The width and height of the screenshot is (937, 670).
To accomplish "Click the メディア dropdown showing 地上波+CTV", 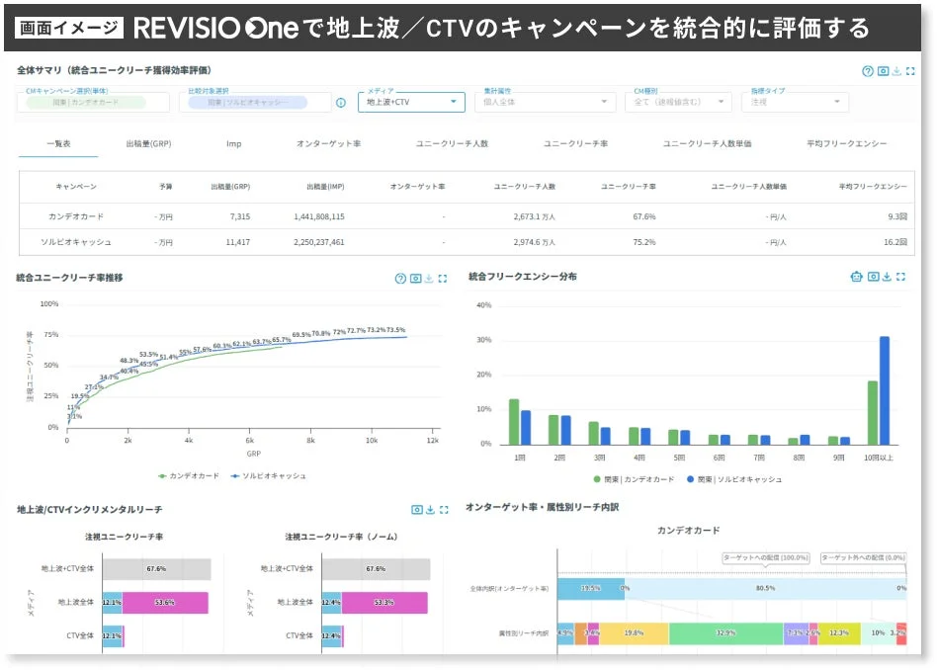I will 410,101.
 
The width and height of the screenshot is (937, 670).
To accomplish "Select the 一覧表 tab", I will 58,143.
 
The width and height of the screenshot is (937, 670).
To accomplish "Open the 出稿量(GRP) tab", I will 148,143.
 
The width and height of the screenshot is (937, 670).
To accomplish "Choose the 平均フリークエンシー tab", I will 846,143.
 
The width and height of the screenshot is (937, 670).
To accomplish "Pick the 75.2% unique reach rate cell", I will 643,242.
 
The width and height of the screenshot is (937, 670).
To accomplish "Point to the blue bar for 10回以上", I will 885,390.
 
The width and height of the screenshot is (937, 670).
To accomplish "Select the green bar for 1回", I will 514,422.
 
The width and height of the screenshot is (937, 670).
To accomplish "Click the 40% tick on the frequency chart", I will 484,305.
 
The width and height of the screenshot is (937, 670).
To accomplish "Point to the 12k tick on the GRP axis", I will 431,441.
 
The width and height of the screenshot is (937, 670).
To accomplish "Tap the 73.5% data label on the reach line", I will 395,330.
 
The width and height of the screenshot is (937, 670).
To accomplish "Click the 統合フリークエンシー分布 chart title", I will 523,277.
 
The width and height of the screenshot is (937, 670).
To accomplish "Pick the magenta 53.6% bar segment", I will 165,602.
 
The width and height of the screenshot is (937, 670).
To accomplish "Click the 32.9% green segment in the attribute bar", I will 725,633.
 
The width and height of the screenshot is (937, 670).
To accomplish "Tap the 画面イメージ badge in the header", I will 70,28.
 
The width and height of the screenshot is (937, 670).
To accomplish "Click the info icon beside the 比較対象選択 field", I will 341,102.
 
